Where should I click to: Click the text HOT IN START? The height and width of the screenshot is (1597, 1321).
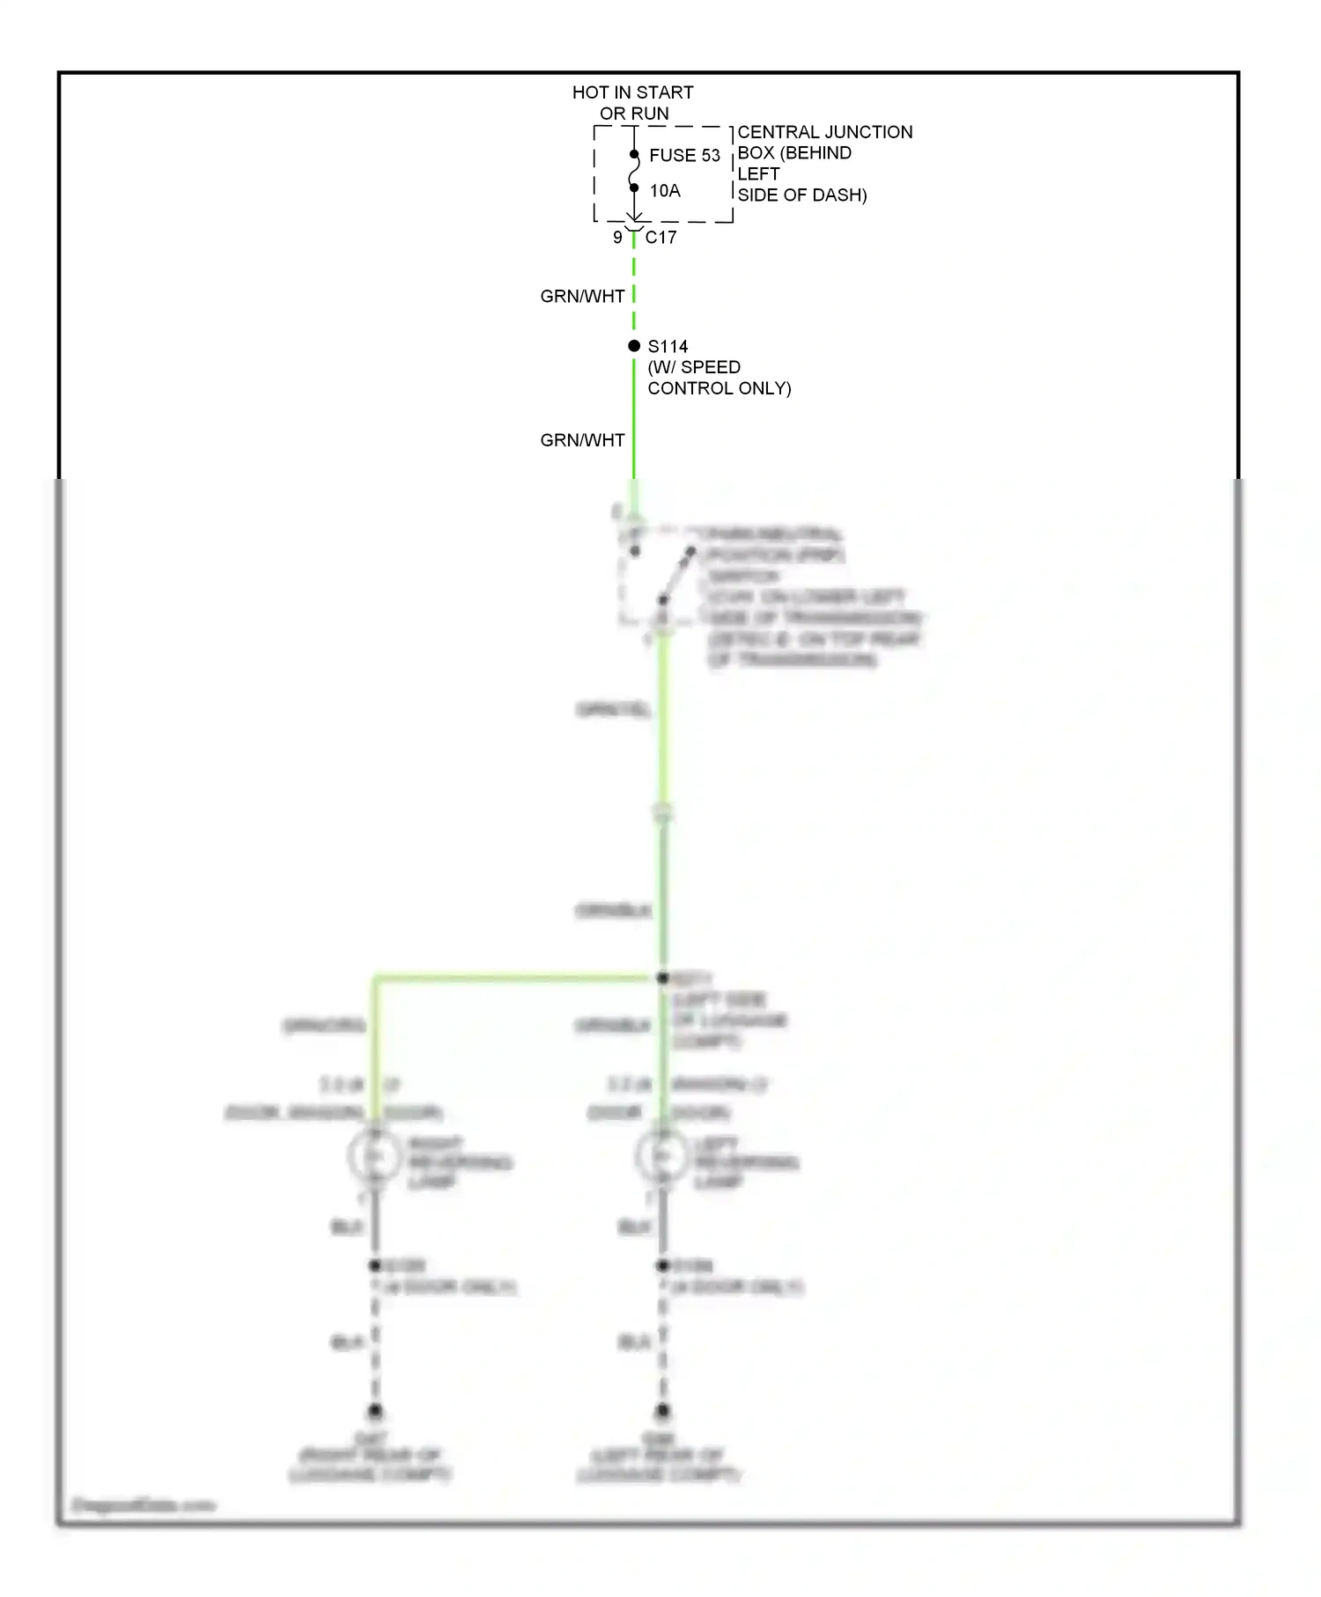coord(632,92)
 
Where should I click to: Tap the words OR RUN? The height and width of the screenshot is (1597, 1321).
coord(634,114)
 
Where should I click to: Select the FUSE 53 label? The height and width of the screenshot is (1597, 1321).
coord(684,156)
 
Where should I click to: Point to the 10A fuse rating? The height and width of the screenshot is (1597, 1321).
coord(665,191)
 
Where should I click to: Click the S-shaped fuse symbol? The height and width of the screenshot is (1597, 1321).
coord(634,172)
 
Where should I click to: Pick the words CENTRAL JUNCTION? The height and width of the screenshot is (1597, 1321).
coord(824,132)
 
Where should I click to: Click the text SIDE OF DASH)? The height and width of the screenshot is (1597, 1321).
coord(801,195)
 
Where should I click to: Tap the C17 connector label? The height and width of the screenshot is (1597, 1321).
coord(660,238)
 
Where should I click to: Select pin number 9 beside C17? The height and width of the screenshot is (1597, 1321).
coord(617,238)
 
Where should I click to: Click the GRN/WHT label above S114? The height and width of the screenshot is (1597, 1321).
coord(582,297)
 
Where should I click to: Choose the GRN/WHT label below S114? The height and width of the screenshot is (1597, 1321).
coord(582,440)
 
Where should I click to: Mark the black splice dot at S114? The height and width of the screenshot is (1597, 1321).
coord(634,346)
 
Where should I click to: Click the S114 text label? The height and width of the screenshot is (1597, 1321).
coord(668,347)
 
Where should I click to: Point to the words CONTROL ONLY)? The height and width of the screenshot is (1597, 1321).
coord(719,388)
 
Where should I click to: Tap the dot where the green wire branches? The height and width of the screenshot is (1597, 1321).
coord(663,977)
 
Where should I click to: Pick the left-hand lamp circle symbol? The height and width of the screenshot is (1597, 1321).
coord(374,1156)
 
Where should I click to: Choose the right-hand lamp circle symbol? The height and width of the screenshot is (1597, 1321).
coord(662,1156)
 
